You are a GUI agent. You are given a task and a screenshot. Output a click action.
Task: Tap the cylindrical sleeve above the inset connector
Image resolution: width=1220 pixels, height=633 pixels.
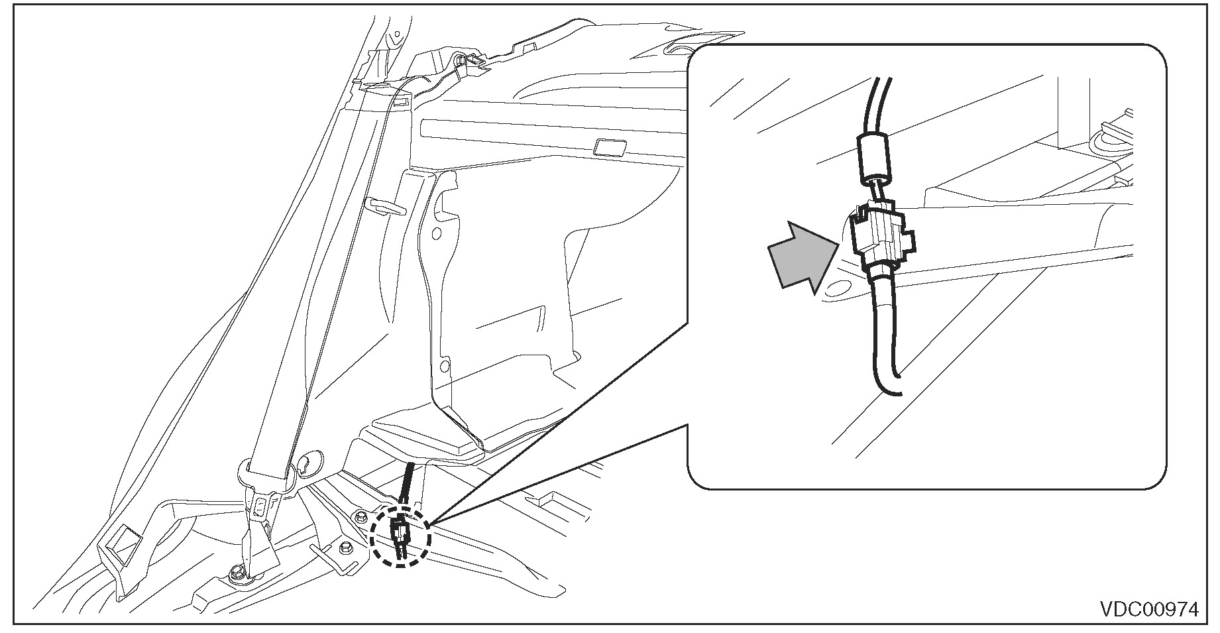(x=877, y=157)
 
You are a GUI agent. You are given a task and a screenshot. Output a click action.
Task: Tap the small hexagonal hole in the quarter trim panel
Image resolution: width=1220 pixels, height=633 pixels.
(x=435, y=235)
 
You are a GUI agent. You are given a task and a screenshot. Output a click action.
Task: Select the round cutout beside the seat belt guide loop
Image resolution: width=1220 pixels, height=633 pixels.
(x=310, y=463)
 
